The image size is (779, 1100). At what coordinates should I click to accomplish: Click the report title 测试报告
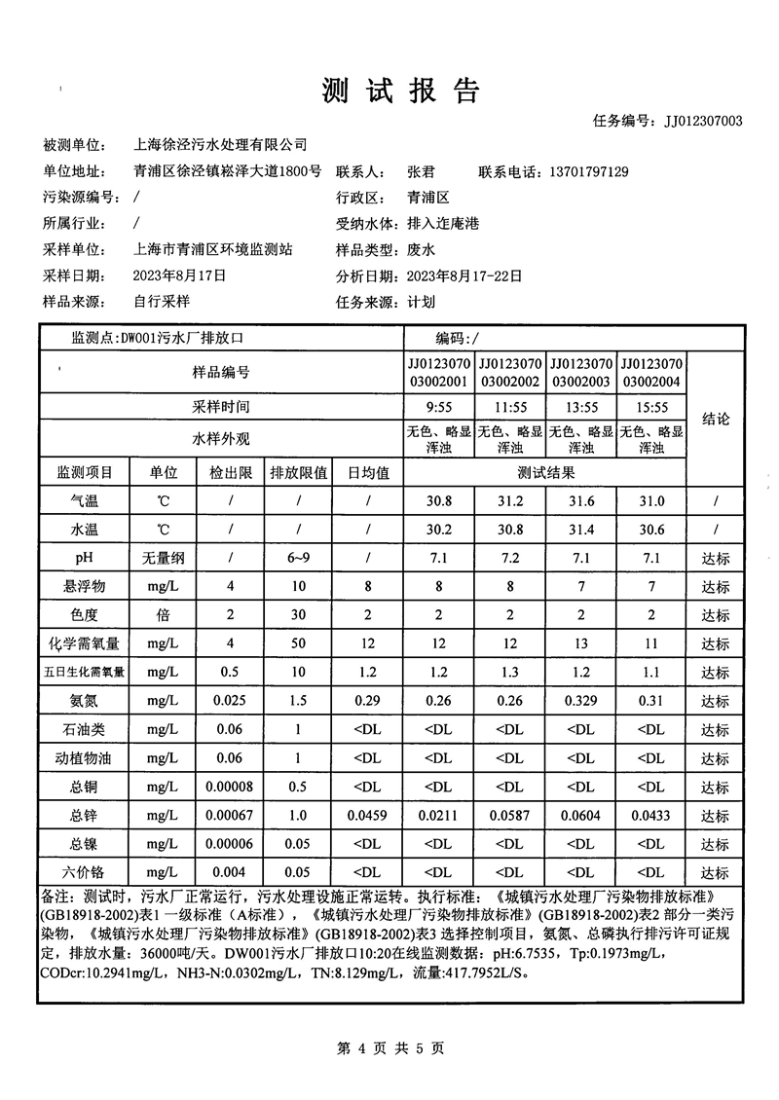[401, 91]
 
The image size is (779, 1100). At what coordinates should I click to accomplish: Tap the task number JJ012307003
[703, 121]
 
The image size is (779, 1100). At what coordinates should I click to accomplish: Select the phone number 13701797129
[575, 171]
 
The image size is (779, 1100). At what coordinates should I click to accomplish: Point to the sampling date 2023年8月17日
[179, 275]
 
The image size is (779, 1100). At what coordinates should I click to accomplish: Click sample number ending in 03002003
[581, 371]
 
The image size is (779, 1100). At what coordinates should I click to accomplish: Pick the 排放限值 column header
[298, 473]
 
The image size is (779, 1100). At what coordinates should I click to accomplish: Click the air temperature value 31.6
[581, 501]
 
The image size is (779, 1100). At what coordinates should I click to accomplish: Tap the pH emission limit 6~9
[298, 559]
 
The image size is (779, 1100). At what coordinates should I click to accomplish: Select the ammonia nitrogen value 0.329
[581, 701]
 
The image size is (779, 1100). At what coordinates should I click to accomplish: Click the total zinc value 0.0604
[581, 816]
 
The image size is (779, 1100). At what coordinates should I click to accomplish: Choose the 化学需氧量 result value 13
[581, 644]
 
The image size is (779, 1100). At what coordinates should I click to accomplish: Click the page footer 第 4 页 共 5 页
[389, 1048]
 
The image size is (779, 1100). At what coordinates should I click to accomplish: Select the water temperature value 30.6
[652, 531]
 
